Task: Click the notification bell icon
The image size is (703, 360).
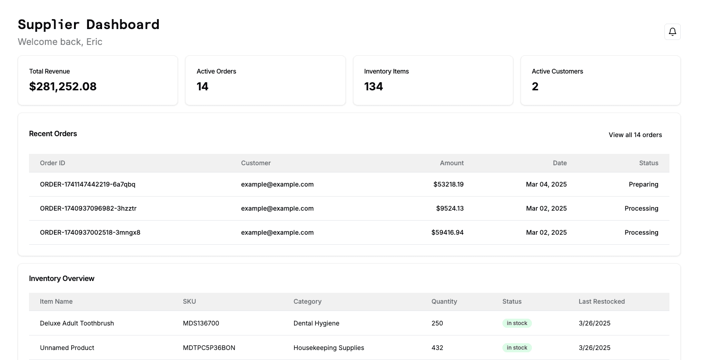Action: point(672,32)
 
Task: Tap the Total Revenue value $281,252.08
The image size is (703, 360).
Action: point(63,86)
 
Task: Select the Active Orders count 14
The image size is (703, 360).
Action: point(202,86)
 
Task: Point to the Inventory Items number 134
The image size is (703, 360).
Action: point(374,86)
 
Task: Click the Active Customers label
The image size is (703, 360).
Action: point(557,71)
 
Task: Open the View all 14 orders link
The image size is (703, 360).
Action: point(635,135)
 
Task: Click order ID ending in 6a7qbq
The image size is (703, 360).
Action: point(88,184)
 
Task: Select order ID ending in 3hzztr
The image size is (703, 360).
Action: point(88,208)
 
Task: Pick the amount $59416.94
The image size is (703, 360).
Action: point(447,232)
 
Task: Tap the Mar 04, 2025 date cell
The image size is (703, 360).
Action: point(546,184)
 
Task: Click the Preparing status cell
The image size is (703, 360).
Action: point(643,184)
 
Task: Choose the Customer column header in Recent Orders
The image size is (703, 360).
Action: point(256,163)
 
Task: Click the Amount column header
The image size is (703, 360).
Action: point(452,163)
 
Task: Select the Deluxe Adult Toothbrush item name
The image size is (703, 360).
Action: point(77,323)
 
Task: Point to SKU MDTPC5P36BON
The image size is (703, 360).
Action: point(209,348)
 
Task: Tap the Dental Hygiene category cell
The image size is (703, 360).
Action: point(316,323)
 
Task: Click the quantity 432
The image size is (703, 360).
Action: point(437,348)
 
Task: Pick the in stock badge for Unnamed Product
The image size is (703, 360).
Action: point(517,348)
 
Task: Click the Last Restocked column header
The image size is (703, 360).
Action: point(601,301)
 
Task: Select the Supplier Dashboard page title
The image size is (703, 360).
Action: point(88,25)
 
